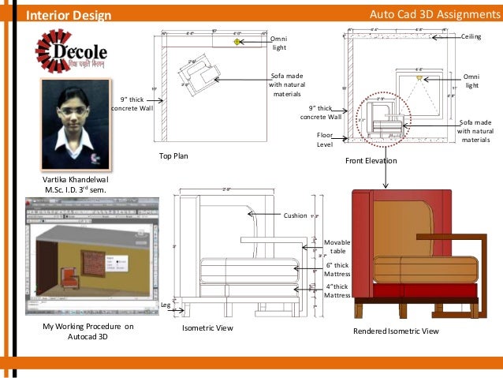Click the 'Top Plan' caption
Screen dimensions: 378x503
[x=176, y=156]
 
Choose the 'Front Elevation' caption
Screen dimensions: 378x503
[x=371, y=161]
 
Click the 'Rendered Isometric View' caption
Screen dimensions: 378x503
[x=396, y=331]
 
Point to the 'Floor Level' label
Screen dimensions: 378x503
[x=325, y=140]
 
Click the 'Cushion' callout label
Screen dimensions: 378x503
[x=295, y=214]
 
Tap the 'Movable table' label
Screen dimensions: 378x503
[x=337, y=246]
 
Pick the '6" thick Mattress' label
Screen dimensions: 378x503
[x=337, y=271]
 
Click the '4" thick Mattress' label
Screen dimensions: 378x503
[x=337, y=290]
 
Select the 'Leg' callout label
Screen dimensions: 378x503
[x=166, y=304]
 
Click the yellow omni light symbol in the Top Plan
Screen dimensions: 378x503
[x=236, y=41]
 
